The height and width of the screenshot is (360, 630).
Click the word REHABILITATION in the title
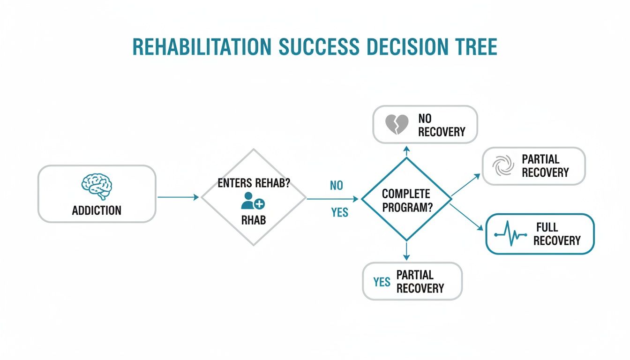pyautogui.click(x=201, y=47)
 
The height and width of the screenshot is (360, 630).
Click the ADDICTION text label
pyautogui.click(x=97, y=210)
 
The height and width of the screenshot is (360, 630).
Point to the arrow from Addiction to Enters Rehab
pyautogui.click(x=178, y=197)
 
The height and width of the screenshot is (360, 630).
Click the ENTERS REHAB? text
pyautogui.click(x=254, y=183)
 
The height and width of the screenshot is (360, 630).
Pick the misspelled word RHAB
pyautogui.click(x=254, y=220)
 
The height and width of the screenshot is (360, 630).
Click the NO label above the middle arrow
pyautogui.click(x=336, y=186)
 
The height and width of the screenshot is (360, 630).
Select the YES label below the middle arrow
pyautogui.click(x=339, y=213)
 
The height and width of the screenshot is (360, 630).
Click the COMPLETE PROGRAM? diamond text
pyautogui.click(x=406, y=200)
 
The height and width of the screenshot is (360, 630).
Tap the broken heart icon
pyautogui.click(x=397, y=124)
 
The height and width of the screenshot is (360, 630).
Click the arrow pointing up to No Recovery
pyautogui.click(x=406, y=151)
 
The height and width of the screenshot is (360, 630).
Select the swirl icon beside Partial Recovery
pyautogui.click(x=500, y=166)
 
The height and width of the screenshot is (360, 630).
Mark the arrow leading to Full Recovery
pyautogui.click(x=467, y=216)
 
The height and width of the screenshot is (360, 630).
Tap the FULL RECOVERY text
pyautogui.click(x=556, y=234)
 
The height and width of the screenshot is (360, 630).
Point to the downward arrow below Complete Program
pyautogui.click(x=406, y=251)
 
